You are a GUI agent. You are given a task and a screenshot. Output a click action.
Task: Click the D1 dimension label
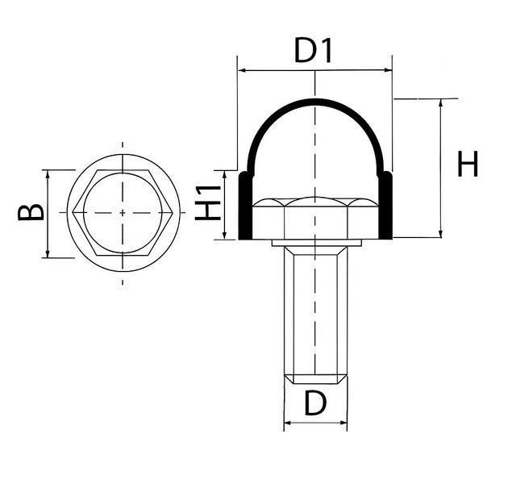(313, 51)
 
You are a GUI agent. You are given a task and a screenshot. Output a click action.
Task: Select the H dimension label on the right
(468, 164)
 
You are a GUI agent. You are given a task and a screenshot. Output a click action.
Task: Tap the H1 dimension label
(208, 202)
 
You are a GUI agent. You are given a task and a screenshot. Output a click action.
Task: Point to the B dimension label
(31, 212)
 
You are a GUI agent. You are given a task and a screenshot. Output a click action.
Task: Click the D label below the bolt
(315, 403)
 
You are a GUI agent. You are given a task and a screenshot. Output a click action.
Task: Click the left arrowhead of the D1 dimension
(242, 70)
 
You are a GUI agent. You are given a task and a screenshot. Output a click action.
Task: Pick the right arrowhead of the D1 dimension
(388, 70)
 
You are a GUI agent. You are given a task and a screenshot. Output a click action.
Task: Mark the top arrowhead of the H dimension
(441, 102)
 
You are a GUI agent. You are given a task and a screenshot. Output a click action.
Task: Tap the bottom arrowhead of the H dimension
(441, 233)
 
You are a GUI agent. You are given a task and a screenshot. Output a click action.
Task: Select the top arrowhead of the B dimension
(48, 174)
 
